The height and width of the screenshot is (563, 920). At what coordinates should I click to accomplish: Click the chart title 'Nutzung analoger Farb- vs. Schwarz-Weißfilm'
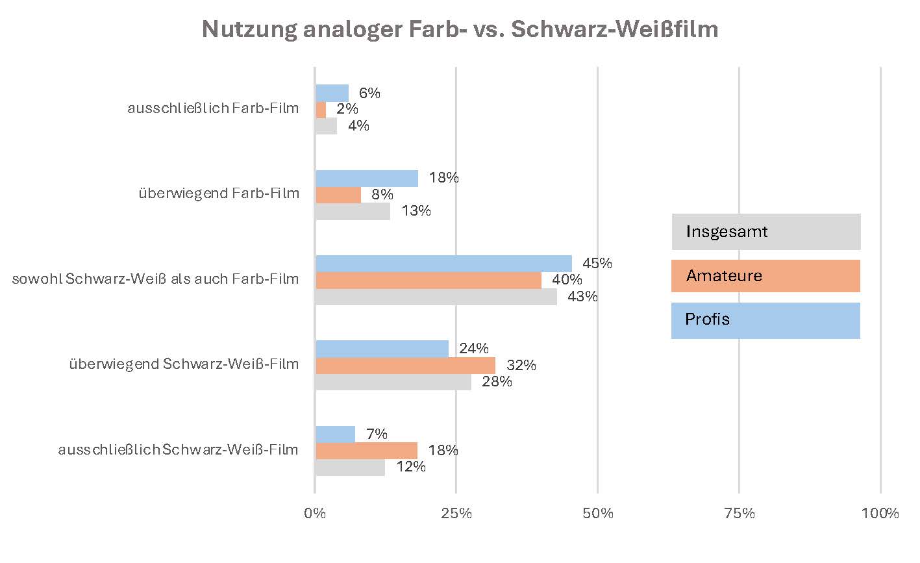coord(460,30)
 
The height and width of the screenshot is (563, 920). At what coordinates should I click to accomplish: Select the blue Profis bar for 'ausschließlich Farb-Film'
coord(332,94)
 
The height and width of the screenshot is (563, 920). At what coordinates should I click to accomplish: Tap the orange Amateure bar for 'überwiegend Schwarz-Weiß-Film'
coord(405,366)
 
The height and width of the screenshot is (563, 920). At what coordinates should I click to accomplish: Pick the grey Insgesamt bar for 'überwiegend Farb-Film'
coord(353,212)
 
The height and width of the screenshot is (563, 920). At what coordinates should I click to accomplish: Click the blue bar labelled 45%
coord(443,264)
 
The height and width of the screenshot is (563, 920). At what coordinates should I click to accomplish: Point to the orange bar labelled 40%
coord(429,281)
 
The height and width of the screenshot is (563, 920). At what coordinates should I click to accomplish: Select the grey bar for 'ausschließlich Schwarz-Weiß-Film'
coord(350,468)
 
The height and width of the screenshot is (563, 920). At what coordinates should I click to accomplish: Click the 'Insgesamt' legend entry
coord(765,232)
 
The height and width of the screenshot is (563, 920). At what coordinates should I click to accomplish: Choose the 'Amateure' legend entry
coord(765,276)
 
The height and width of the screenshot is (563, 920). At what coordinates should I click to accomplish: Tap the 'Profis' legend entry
coord(765,320)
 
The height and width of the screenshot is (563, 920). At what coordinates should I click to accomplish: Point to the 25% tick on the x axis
coord(456,514)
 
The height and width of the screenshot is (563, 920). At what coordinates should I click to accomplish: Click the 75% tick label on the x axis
coord(740,514)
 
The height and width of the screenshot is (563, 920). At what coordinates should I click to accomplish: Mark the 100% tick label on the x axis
coord(881,514)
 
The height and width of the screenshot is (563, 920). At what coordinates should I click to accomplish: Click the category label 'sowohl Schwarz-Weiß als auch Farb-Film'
coord(156,279)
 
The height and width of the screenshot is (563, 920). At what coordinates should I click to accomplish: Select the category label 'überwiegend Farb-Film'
coord(219,194)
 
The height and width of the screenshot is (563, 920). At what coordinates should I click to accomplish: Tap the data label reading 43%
coord(582,297)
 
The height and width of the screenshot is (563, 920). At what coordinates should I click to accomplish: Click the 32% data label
coord(521,366)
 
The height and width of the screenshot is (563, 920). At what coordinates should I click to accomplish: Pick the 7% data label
coord(377,434)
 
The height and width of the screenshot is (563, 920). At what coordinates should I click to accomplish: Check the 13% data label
coord(416,211)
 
